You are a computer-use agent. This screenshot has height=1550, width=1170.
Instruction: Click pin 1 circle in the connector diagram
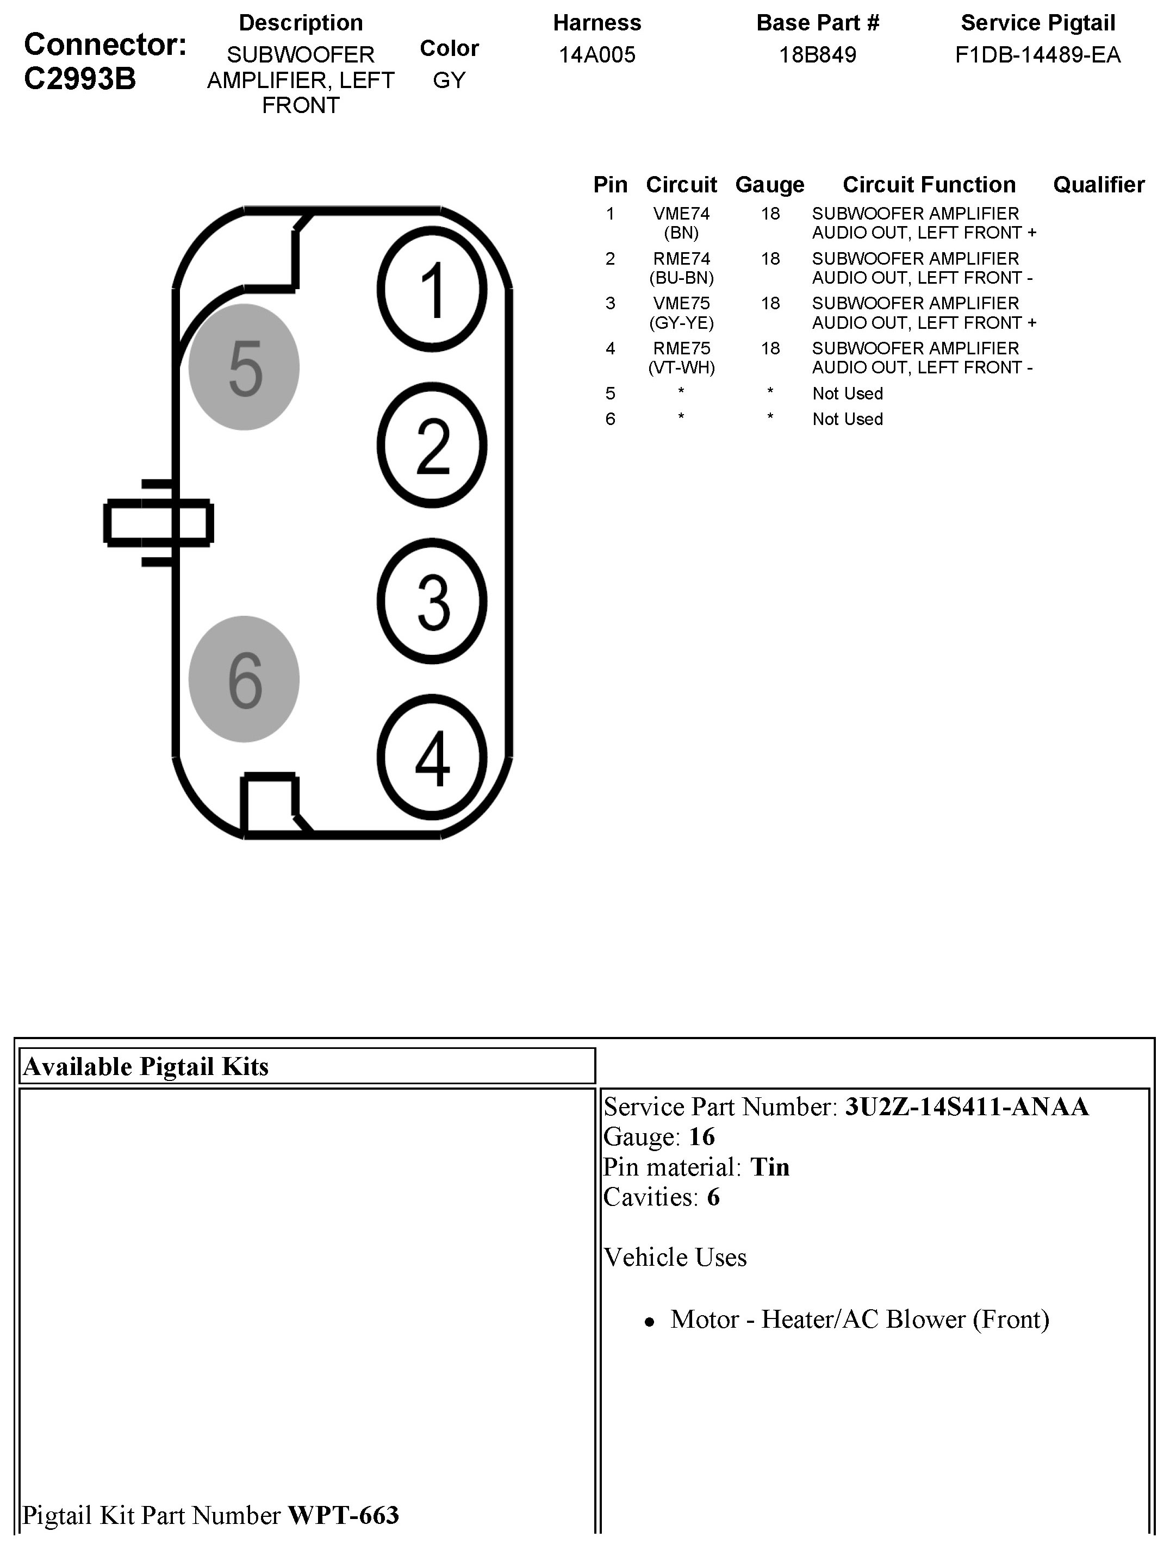[432, 289]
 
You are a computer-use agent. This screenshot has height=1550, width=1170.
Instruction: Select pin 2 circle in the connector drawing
[432, 445]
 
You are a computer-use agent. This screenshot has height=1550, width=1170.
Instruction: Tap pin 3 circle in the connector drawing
[432, 601]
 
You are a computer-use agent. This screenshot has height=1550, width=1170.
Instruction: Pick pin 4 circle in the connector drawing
[432, 757]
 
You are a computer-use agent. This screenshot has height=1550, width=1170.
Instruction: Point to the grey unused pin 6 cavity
[244, 679]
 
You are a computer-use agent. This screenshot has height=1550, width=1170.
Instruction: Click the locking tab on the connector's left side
[158, 523]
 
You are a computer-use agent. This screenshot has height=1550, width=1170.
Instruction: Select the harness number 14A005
[596, 55]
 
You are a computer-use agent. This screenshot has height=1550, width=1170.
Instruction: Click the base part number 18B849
[817, 55]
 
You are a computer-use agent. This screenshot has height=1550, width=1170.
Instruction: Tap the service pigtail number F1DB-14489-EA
[1037, 55]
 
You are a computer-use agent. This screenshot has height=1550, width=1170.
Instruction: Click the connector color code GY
[449, 80]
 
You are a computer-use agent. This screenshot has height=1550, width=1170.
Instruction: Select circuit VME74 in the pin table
[681, 214]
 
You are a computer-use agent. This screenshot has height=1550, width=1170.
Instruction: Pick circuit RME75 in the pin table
[681, 348]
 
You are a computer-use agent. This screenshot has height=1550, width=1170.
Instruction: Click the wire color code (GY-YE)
[681, 323]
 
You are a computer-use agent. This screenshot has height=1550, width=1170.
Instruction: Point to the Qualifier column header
[1098, 184]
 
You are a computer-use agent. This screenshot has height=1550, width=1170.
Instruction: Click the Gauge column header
[770, 184]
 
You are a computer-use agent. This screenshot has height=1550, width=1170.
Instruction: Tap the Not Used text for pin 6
[848, 419]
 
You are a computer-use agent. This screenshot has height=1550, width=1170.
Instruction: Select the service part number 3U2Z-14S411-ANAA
[967, 1107]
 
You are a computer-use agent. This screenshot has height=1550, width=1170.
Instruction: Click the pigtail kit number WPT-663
[344, 1515]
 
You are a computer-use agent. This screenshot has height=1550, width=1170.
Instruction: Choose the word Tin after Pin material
[770, 1167]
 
